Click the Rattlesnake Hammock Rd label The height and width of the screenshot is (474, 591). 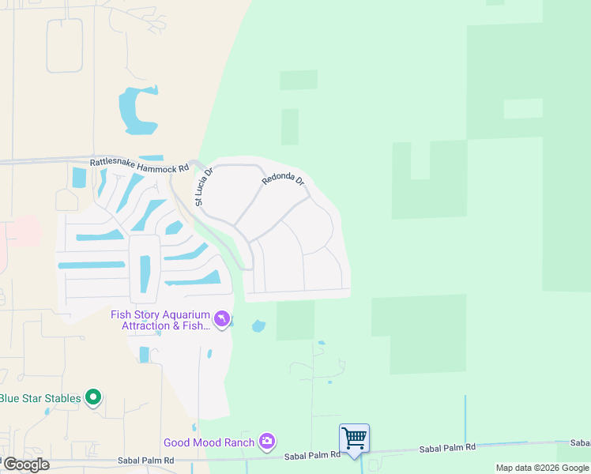point(139,167)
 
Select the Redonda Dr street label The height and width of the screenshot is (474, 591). point(284,180)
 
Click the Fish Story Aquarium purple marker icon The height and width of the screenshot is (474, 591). point(223,319)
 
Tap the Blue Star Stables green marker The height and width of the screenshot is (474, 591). point(94,398)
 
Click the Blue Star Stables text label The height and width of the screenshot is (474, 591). point(40,398)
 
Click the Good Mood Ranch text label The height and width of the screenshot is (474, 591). point(210,442)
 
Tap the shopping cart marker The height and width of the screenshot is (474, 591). point(355,438)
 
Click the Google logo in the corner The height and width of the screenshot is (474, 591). point(25,464)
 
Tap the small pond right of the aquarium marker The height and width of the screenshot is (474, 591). point(258,325)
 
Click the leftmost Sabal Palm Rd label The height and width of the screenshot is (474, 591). point(145,460)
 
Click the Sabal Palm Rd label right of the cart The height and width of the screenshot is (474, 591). point(449,447)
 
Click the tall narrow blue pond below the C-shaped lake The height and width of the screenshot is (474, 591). point(144,273)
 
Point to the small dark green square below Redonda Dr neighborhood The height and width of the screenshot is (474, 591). point(295,321)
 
